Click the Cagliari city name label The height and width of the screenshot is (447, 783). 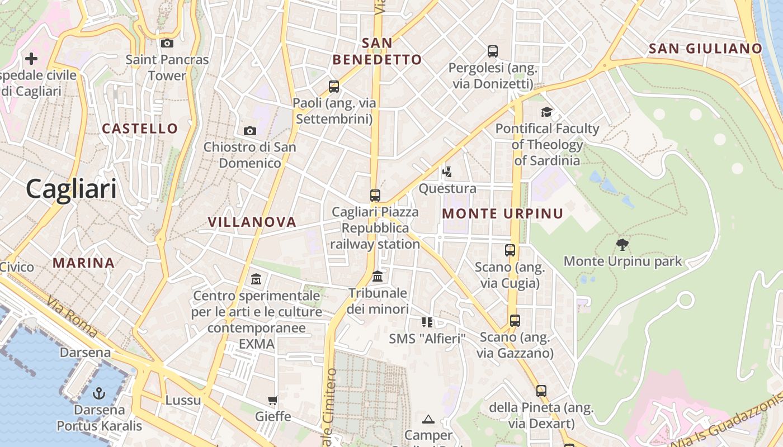[x=72, y=189]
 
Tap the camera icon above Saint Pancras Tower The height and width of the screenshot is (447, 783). [x=167, y=43]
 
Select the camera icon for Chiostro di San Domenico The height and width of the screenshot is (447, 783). [x=250, y=131]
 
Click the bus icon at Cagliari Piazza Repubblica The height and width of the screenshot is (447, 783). [x=375, y=196]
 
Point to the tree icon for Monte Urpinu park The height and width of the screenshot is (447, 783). [x=622, y=244]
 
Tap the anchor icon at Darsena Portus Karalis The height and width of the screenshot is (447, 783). [x=99, y=393]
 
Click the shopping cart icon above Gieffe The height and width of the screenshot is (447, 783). [x=273, y=400]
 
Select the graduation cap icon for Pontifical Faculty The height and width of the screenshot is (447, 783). [x=546, y=112]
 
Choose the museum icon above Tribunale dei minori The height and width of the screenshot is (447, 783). [x=378, y=276]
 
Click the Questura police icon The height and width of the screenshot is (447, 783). [x=447, y=172]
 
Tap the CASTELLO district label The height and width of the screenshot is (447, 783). [x=140, y=129]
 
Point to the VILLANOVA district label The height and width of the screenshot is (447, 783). [x=252, y=222]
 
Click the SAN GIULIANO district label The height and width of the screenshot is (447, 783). [x=706, y=49]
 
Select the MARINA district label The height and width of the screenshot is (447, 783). [x=84, y=263]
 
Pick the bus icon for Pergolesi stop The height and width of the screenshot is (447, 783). [x=493, y=51]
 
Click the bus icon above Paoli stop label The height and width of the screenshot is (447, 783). [x=334, y=87]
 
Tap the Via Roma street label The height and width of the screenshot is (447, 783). [x=72, y=317]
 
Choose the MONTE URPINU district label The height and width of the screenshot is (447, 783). [x=503, y=213]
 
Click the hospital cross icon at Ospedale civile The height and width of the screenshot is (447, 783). [x=31, y=58]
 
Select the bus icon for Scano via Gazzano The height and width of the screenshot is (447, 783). [x=515, y=321]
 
